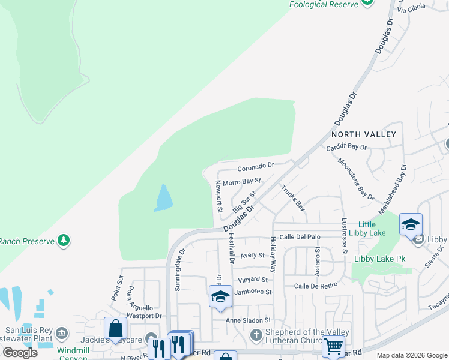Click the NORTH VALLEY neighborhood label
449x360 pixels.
click(364, 134)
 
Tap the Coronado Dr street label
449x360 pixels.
click(255, 165)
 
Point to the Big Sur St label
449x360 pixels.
click(244, 202)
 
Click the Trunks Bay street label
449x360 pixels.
click(293, 197)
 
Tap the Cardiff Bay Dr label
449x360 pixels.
click(346, 147)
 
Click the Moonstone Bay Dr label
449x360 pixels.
click(355, 179)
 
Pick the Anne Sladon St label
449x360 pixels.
click(249, 320)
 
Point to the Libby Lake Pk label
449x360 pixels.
click(380, 259)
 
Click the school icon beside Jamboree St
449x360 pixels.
click(220, 296)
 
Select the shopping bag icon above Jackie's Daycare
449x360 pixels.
click(115, 328)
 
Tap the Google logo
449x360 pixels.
click(20, 353)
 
